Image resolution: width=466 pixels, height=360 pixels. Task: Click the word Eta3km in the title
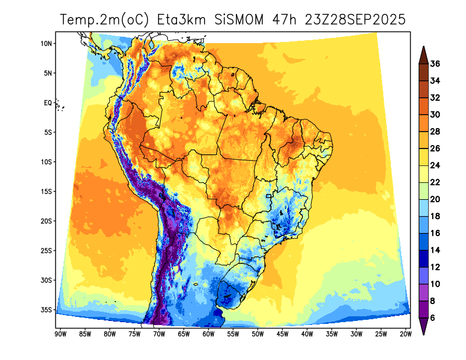click(185, 20)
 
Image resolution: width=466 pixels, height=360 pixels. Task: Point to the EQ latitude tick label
click(48, 103)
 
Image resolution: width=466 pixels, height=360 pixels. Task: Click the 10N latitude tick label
click(47, 43)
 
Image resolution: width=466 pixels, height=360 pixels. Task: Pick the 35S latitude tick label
click(47, 310)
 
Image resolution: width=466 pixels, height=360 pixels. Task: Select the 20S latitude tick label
click(47, 221)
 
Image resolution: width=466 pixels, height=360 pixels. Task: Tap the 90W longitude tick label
click(59, 334)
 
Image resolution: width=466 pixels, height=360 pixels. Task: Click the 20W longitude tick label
click(406, 334)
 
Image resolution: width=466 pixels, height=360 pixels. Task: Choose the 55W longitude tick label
click(233, 334)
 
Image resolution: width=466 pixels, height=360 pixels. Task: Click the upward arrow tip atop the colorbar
click(423, 48)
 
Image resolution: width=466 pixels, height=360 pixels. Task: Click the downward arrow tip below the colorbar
click(423, 334)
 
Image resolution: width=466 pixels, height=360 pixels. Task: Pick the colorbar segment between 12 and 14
click(423, 258)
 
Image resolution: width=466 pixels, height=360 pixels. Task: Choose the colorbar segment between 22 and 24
click(423, 174)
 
